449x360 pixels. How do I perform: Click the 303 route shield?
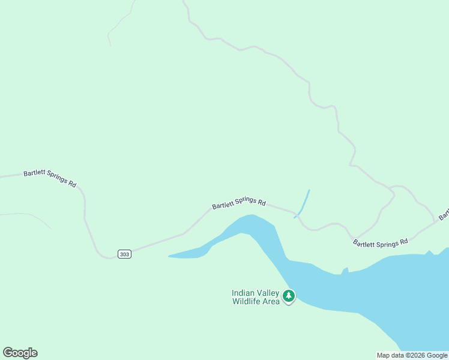tap(124, 254)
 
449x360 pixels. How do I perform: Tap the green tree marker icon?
tap(289, 296)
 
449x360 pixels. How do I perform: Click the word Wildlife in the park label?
tap(246, 301)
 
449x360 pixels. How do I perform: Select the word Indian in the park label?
tap(243, 293)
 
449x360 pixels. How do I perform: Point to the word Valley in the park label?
tap(268, 293)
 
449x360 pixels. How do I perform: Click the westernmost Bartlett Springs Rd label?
tap(50, 178)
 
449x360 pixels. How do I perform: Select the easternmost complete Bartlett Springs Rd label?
tap(380, 242)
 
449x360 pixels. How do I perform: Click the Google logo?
tap(20, 353)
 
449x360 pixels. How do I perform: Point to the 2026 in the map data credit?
tap(417, 355)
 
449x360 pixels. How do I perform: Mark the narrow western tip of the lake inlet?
tap(172, 256)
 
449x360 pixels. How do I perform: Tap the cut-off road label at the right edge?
tap(444, 215)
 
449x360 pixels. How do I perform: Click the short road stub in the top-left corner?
tap(118, 24)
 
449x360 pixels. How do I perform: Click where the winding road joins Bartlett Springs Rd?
tap(355, 238)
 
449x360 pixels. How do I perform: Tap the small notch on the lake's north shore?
tap(345, 270)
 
